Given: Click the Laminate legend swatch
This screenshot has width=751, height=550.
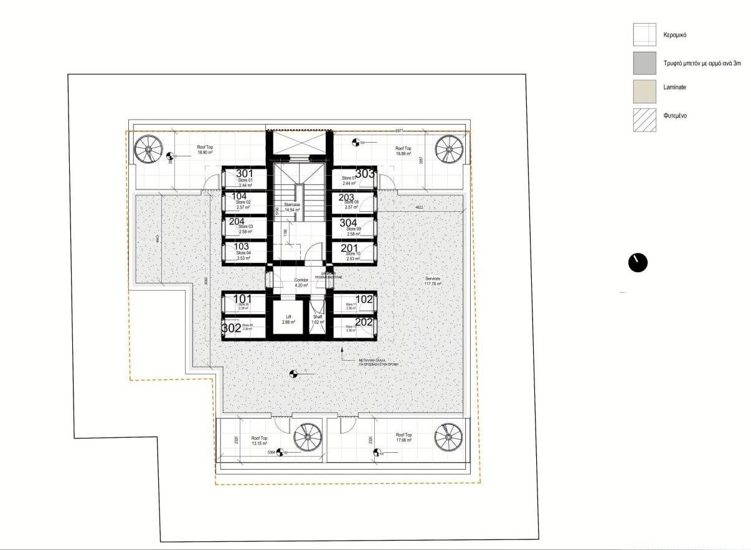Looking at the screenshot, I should pos(645,91).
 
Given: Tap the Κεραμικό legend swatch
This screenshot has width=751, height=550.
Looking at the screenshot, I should pos(645,35).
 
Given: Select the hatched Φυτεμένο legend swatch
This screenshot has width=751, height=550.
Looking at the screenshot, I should pos(645,120).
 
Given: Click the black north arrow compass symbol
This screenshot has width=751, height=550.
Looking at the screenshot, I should pos(638,263).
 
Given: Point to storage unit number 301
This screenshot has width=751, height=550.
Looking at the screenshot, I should pos(245,174).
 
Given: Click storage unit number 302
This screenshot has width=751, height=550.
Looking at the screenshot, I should pos(232,328).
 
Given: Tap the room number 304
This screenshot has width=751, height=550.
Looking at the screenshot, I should pos(348,223).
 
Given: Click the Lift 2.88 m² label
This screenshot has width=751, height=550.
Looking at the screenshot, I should pos(288,319).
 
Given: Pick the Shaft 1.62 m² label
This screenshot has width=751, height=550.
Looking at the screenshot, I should pos(318,319).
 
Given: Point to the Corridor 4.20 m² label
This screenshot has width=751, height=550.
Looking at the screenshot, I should pos(301,283).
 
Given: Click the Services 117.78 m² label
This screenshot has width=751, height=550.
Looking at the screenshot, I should pos(433,281).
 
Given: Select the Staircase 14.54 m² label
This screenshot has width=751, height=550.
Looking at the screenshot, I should pos(292,207).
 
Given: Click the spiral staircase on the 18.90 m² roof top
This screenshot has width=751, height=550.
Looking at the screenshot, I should pos(149,150).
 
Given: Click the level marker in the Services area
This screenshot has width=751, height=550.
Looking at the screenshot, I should pos(293,374).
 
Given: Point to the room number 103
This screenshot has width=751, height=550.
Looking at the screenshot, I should pos(241,247).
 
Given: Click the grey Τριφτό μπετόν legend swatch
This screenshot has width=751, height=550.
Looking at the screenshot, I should pos(645,63).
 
